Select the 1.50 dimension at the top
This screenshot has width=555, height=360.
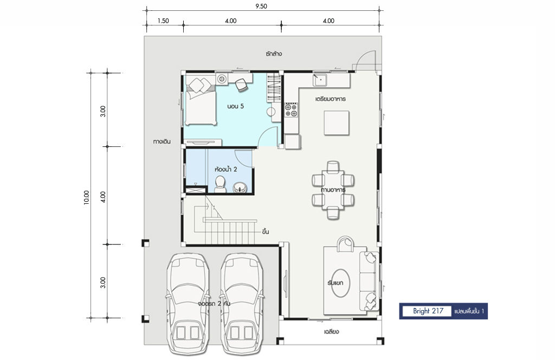click(x=163, y=21)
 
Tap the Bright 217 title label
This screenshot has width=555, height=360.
click(x=428, y=311)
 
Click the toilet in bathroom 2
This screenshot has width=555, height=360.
click(x=220, y=184)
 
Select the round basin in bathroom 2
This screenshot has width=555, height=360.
click(x=240, y=187)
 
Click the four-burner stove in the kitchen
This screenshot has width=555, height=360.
click(x=291, y=110)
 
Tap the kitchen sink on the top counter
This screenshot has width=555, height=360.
click(x=320, y=80)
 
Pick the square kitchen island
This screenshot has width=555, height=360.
click(x=337, y=123)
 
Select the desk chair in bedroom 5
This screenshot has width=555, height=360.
click(x=242, y=85)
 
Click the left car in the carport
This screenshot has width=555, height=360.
click(x=187, y=304)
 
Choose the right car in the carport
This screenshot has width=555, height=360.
click(x=242, y=304)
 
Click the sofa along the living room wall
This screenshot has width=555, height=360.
click(x=369, y=281)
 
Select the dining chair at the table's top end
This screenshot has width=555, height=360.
click(x=333, y=167)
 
